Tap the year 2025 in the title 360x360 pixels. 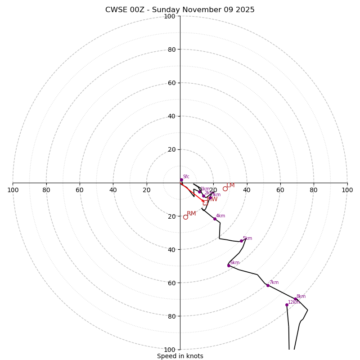pyautogui.click(x=245, y=10)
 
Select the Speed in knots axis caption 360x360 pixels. pyautogui.click(x=180, y=356)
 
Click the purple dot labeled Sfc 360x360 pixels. pyautogui.click(x=181, y=180)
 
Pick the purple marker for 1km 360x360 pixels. pyautogui.click(x=200, y=192)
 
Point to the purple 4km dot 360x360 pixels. pyautogui.click(x=215, y=219)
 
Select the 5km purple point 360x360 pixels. pyautogui.click(x=241, y=241)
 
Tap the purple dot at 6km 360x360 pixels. pyautogui.click(x=229, y=265)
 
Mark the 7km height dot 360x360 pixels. pyautogui.click(x=268, y=285)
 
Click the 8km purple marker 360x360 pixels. pyautogui.click(x=296, y=299)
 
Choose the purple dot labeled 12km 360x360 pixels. pyautogui.click(x=287, y=305)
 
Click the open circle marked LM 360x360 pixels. pyautogui.click(x=225, y=189)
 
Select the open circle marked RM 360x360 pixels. pyautogui.click(x=185, y=217)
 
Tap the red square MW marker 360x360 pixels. pyautogui.click(x=205, y=202)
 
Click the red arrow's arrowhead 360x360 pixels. pyautogui.click(x=203, y=201)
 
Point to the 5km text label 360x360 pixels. pyautogui.click(x=247, y=238)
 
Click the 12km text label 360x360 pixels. pyautogui.click(x=293, y=302)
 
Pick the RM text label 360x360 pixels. pyautogui.click(x=191, y=213)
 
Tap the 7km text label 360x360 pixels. pyautogui.click(x=274, y=282)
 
